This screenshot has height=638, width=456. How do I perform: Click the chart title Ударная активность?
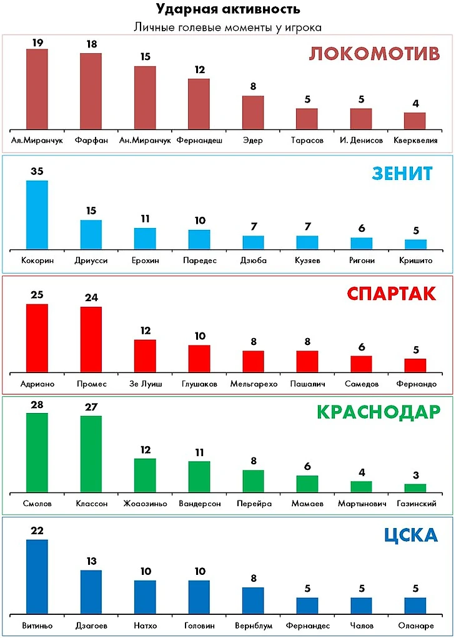pos(227,9)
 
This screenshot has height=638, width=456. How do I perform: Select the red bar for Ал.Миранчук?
pos(37,89)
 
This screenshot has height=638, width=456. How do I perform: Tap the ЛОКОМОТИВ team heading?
pos(375,54)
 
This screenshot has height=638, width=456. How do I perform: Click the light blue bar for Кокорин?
pos(37,215)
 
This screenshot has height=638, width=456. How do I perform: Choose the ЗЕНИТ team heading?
pos(402,173)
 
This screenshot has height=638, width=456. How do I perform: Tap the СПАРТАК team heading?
pos(392,294)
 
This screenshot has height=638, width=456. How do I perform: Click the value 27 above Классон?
pos(91,406)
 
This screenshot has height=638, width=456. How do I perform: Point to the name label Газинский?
pos(416,503)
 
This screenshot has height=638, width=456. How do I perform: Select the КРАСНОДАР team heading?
pos(379,412)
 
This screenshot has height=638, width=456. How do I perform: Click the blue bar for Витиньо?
pos(37,577)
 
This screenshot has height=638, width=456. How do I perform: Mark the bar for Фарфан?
pos(91,91)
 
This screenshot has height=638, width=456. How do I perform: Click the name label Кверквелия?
pos(416,141)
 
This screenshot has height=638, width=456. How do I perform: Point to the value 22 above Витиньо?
pos(37,530)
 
